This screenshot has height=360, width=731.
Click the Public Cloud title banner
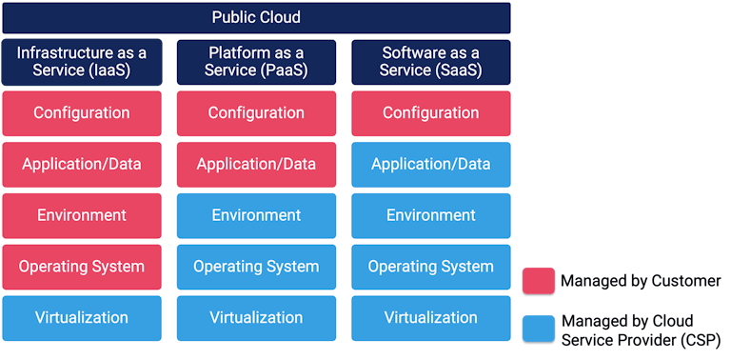[x=256, y=18]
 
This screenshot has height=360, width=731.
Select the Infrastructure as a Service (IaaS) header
[x=82, y=61]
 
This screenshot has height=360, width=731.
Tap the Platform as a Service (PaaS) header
[x=256, y=61]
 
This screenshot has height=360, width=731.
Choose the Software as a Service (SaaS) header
[x=430, y=61]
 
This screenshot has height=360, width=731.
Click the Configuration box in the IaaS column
[x=82, y=113]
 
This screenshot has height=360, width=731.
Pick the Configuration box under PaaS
[x=256, y=113]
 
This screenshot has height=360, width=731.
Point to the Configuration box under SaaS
[x=430, y=113]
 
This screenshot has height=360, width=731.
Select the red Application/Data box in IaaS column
[x=82, y=164]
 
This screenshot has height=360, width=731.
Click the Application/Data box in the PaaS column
[x=256, y=164]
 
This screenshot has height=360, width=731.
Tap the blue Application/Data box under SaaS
[x=430, y=164]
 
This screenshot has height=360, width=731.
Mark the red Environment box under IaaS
[x=82, y=215]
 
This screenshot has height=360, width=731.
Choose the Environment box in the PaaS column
[x=256, y=215]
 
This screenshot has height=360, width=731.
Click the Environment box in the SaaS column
[x=430, y=215]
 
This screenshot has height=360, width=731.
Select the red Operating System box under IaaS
[x=82, y=267]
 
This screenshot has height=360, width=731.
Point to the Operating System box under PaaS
[x=256, y=267]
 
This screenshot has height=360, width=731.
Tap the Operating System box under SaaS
[x=430, y=267]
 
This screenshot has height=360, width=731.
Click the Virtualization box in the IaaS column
[x=82, y=318]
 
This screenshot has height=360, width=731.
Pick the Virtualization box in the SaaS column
[x=430, y=318]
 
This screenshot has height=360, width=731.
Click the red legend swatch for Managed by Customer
[x=539, y=281]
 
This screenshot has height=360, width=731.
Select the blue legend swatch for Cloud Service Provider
[x=539, y=329]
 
